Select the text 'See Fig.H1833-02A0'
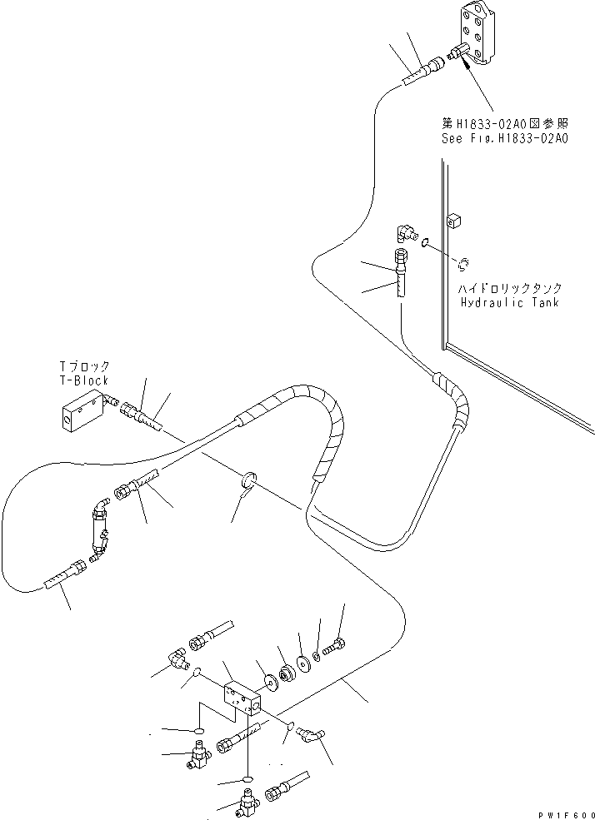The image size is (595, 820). [x=504, y=139]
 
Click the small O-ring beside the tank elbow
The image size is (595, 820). [x=425, y=243]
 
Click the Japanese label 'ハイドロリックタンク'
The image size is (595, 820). [x=510, y=289]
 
